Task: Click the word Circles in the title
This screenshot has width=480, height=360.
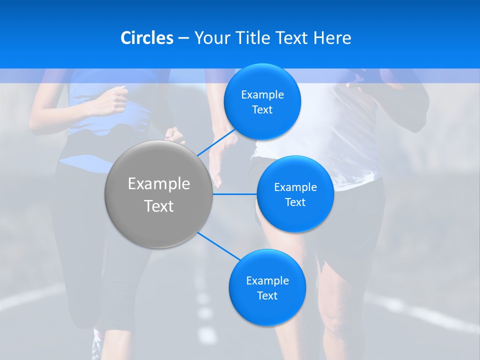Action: coord(146,38)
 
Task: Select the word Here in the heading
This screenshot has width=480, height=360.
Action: coord(332,38)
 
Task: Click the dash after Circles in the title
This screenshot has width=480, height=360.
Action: coord(183,38)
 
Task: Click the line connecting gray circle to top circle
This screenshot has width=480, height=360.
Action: coord(216,141)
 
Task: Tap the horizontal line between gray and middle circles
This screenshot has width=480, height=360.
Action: coord(234,194)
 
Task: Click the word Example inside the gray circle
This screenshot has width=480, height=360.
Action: coord(159,184)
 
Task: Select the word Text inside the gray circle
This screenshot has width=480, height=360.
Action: coord(159,206)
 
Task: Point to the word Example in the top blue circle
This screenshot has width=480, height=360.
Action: coord(262,95)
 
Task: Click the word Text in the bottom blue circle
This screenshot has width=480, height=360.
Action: coord(267,296)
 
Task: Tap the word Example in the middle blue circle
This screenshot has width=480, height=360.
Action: coord(295,187)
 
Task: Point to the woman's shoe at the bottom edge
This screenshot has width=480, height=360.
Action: coord(96,345)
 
